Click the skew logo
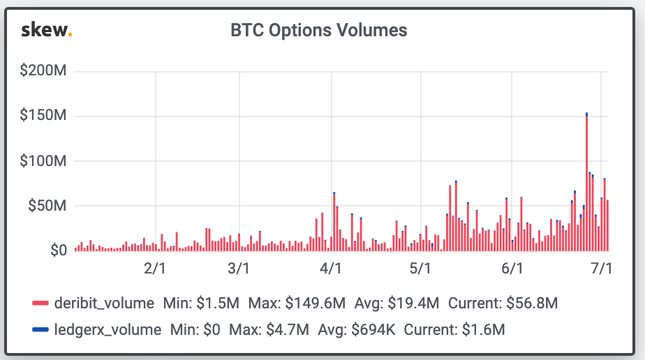pyautogui.click(x=47, y=30)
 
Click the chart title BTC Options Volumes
pyautogui.click(x=319, y=30)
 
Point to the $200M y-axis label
pyautogui.click(x=43, y=71)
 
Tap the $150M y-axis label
pyautogui.click(x=43, y=116)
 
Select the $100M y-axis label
pyautogui.click(x=43, y=161)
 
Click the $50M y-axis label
pyautogui.click(x=47, y=206)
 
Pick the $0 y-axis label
pyautogui.click(x=54, y=250)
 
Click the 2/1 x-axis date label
pyautogui.click(x=154, y=269)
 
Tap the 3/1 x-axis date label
pyautogui.click(x=239, y=269)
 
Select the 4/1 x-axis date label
pyautogui.click(x=330, y=269)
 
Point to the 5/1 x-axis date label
pyautogui.click(x=420, y=269)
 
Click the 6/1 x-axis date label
pyautogui.click(x=512, y=269)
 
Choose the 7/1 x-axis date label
pyautogui.click(x=601, y=269)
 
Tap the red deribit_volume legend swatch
pyautogui.click(x=40, y=303)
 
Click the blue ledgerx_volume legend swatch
pyautogui.click(x=40, y=329)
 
